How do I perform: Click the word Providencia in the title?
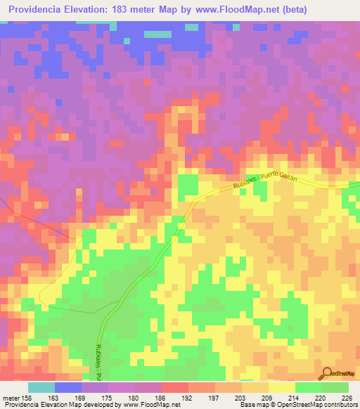[x=39, y=10]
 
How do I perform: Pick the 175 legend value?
[x=107, y=397]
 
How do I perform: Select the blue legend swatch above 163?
[x=67, y=387]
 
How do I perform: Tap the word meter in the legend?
[x=10, y=397]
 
